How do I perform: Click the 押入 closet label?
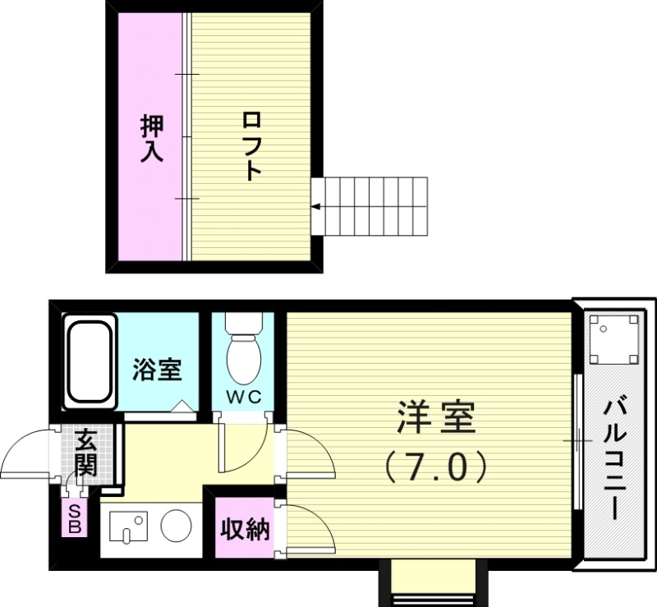point(152,138)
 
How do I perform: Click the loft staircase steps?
point(374,205)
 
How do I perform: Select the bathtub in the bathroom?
point(88,362)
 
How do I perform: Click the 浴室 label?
point(157,370)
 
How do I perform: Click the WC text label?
point(243,398)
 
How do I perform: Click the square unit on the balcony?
point(613,338)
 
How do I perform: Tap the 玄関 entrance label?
point(85,453)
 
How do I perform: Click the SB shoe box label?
point(75,520)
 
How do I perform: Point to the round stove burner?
point(176,526)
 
